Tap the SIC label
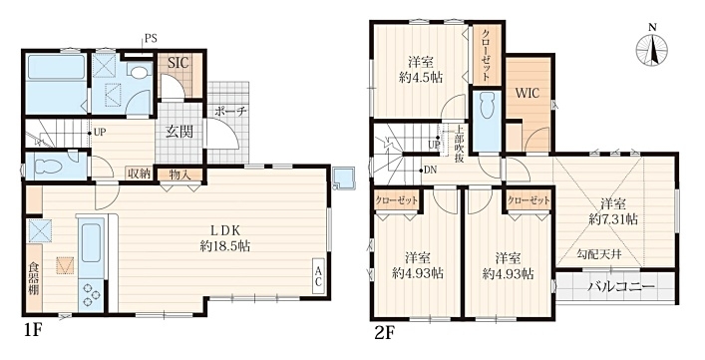(x=179, y=63)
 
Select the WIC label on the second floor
(x=527, y=94)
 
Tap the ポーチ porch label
(x=229, y=111)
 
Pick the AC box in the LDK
(x=319, y=276)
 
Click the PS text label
(x=152, y=38)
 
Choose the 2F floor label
(x=385, y=333)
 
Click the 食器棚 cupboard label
(x=34, y=278)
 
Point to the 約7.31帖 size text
(x=613, y=218)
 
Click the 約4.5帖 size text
(x=421, y=78)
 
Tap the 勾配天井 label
(x=599, y=255)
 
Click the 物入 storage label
(x=179, y=175)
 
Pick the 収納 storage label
(x=140, y=174)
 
